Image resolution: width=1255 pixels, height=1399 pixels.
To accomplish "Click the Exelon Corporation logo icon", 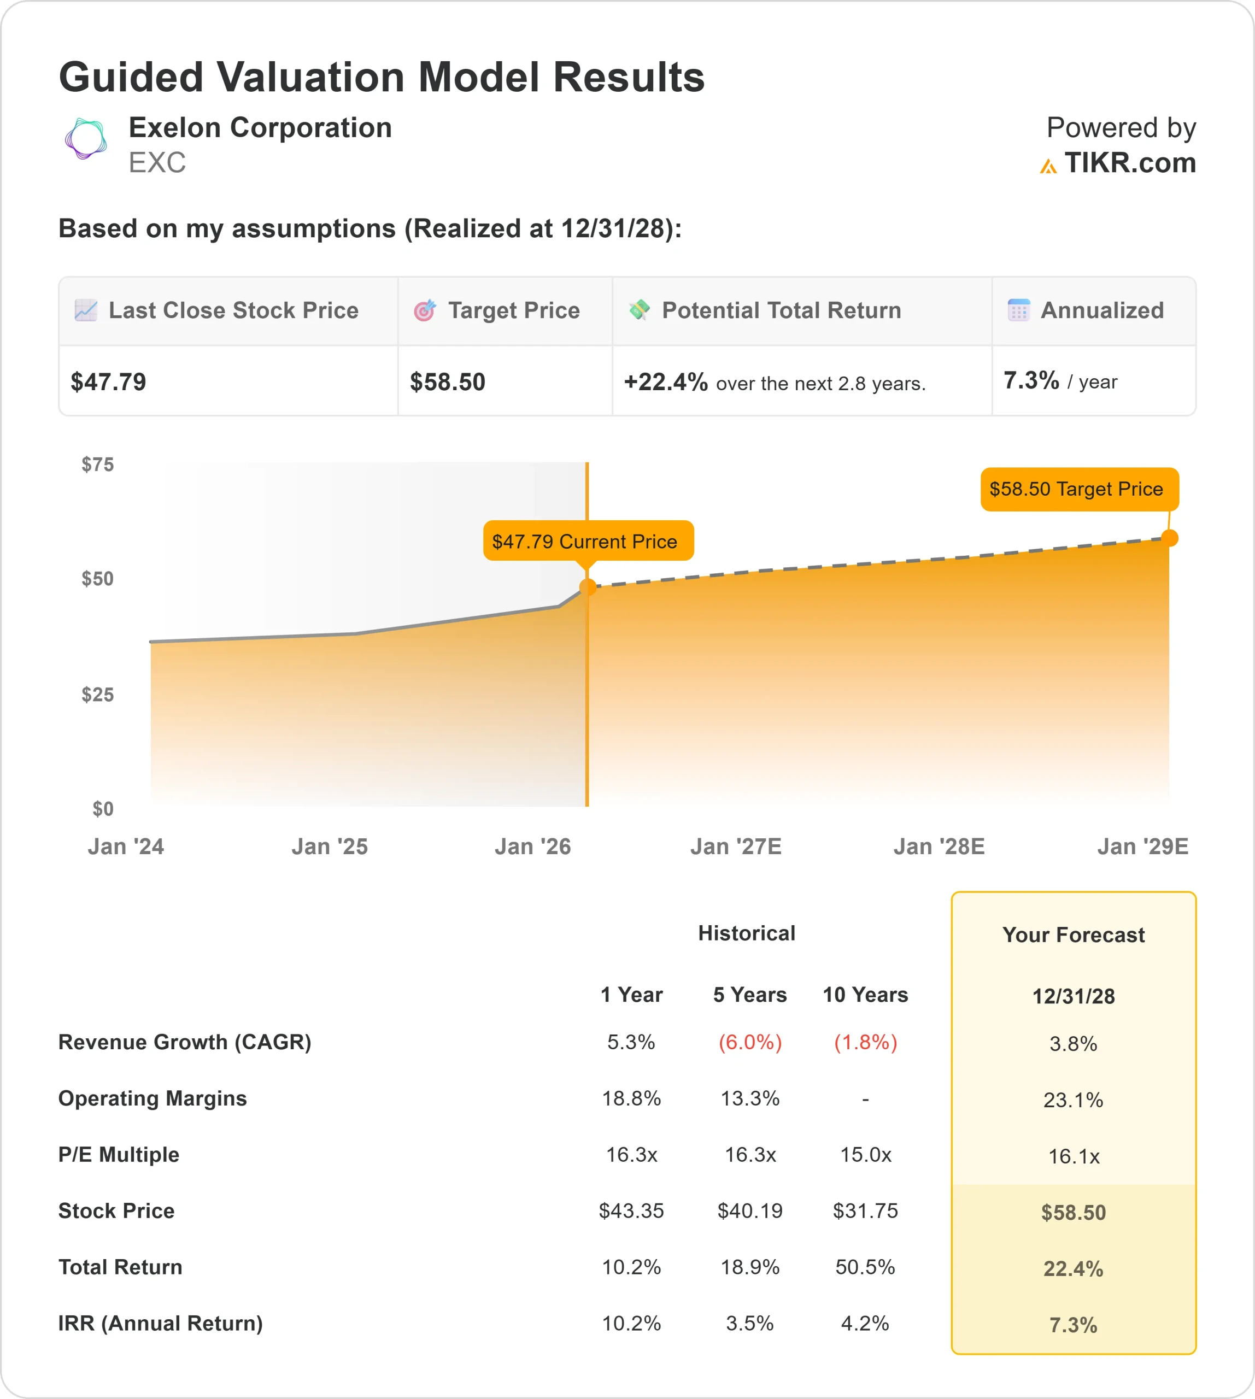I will pos(85,139).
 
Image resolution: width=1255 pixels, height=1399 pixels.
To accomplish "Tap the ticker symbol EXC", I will pos(157,163).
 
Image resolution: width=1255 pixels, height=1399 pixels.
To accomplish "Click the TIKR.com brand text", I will pos(1129,163).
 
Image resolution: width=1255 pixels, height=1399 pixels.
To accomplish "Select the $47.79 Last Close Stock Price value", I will pos(108,382).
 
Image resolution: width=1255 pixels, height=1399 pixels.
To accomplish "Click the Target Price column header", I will pos(513,310).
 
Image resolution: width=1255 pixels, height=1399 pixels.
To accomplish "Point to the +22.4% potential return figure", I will pos(665,382).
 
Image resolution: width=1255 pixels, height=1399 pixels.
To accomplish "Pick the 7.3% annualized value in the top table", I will pos(1031,380).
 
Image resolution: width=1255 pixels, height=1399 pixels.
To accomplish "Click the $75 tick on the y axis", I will pos(98,465).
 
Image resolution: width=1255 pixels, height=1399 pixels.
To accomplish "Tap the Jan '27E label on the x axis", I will pos(736,846).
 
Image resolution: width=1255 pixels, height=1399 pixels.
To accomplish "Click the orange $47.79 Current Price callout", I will pos(588,541).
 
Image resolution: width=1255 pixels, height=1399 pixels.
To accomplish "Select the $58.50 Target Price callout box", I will pos(1078,489).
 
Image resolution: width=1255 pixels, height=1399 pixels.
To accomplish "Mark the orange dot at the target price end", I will pos(1170,538).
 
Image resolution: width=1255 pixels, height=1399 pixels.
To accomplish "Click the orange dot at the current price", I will pos(588,587).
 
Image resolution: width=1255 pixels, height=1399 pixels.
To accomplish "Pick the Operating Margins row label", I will pos(153,1098).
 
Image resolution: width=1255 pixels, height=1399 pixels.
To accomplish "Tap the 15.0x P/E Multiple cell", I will pos(865,1154).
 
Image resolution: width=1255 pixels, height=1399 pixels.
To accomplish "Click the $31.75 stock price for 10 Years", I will pos(865,1211).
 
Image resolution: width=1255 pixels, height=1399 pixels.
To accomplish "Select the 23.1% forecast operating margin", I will pos(1073,1100).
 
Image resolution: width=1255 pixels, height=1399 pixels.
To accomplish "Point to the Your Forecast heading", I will pos(1073,935).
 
